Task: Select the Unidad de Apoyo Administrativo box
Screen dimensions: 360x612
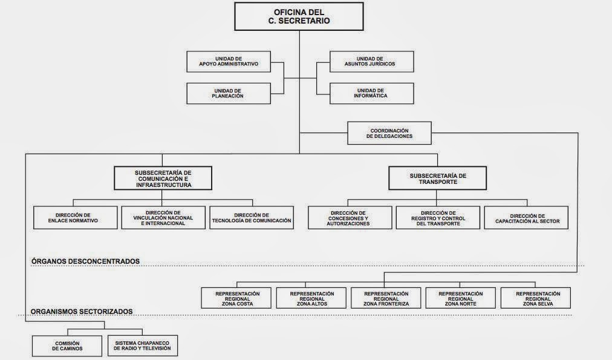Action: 229,61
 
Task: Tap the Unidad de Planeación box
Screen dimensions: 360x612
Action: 229,93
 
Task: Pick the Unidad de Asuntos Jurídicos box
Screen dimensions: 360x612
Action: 372,61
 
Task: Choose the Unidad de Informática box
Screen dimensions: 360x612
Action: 372,93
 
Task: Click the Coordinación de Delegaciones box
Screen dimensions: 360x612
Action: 389,133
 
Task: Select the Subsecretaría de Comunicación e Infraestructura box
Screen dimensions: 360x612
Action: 163,178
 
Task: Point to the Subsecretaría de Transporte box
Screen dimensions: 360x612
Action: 438,178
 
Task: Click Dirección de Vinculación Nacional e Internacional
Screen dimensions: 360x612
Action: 163,218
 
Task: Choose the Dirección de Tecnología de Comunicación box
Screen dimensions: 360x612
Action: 252,218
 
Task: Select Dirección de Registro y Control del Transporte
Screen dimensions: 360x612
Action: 438,218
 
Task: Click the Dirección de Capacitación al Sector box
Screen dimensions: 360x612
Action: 526,218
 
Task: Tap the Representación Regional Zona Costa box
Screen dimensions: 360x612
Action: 237,298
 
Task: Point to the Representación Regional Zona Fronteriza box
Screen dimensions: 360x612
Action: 386,298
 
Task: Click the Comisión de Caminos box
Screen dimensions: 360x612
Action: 67,345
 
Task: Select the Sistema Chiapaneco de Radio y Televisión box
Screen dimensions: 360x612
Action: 143,345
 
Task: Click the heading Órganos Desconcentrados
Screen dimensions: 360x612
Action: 85,261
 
